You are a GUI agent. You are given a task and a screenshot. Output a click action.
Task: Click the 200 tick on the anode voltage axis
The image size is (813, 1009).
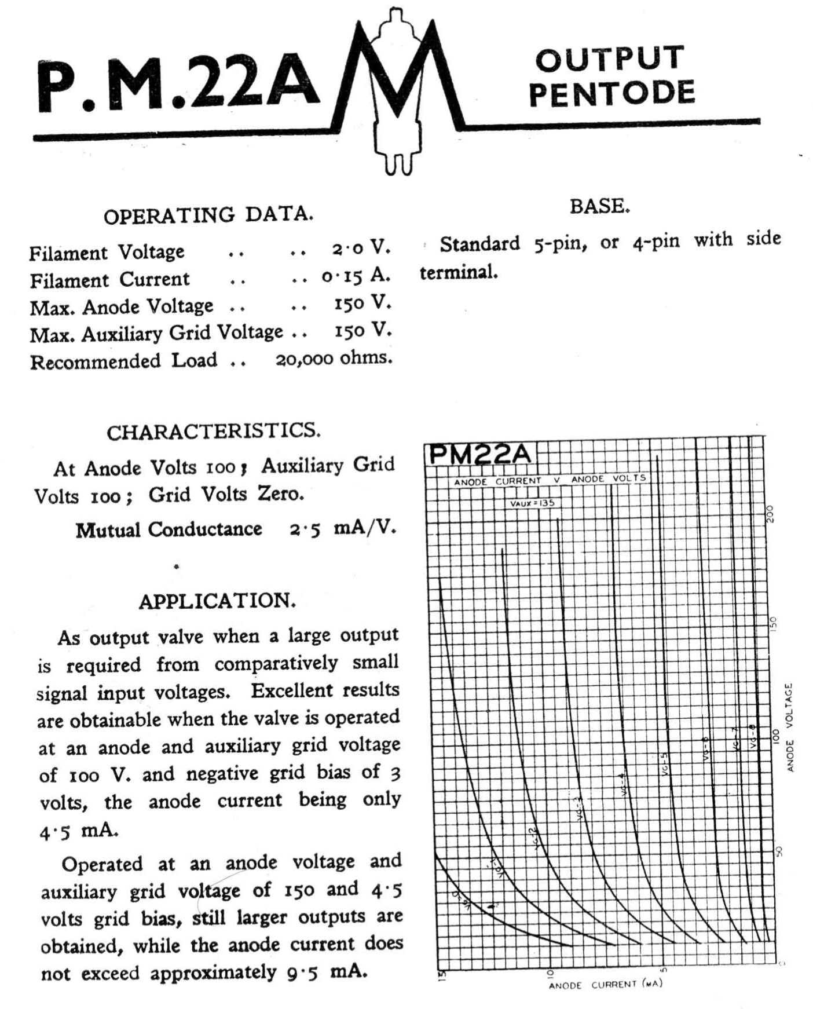click(770, 514)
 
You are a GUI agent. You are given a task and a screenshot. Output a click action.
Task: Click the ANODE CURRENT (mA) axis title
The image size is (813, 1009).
click(605, 984)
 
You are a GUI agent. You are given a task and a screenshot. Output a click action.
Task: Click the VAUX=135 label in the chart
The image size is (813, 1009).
click(532, 503)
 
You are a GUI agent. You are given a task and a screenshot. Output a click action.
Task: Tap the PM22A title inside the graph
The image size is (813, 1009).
click(479, 454)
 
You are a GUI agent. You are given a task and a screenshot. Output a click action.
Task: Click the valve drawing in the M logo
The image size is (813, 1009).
click(395, 87)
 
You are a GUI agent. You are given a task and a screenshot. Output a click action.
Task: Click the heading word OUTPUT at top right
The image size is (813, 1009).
click(610, 59)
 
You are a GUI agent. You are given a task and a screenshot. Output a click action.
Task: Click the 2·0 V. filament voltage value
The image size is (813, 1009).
click(361, 248)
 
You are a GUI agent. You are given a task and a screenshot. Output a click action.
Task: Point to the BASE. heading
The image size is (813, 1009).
click(599, 206)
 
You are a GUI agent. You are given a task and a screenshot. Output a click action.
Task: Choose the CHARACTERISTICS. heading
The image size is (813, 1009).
click(213, 432)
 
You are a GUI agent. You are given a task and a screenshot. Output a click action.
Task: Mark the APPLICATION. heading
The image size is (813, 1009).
click(217, 601)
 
